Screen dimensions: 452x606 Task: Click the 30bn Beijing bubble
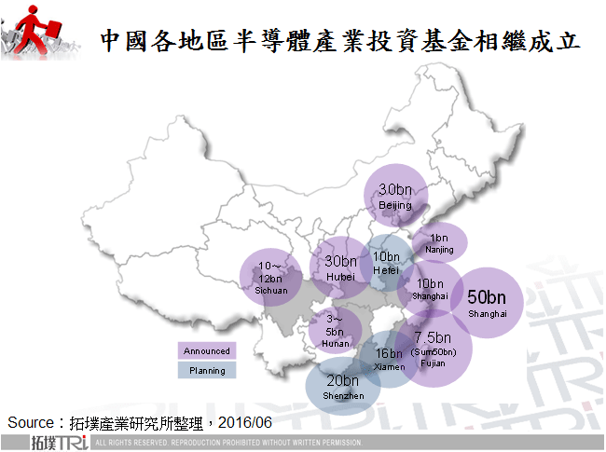395,197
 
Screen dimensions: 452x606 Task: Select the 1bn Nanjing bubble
440,242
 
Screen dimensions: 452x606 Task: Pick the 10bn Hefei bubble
385,263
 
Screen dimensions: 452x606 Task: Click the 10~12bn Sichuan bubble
271,277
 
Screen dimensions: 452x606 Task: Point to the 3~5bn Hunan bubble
336,332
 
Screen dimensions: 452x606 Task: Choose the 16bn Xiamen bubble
389,360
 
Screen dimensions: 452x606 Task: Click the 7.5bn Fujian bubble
434,349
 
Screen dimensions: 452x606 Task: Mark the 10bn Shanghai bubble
430,289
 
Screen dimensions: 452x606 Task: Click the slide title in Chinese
340,40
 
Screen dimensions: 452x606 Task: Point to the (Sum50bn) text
434,351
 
